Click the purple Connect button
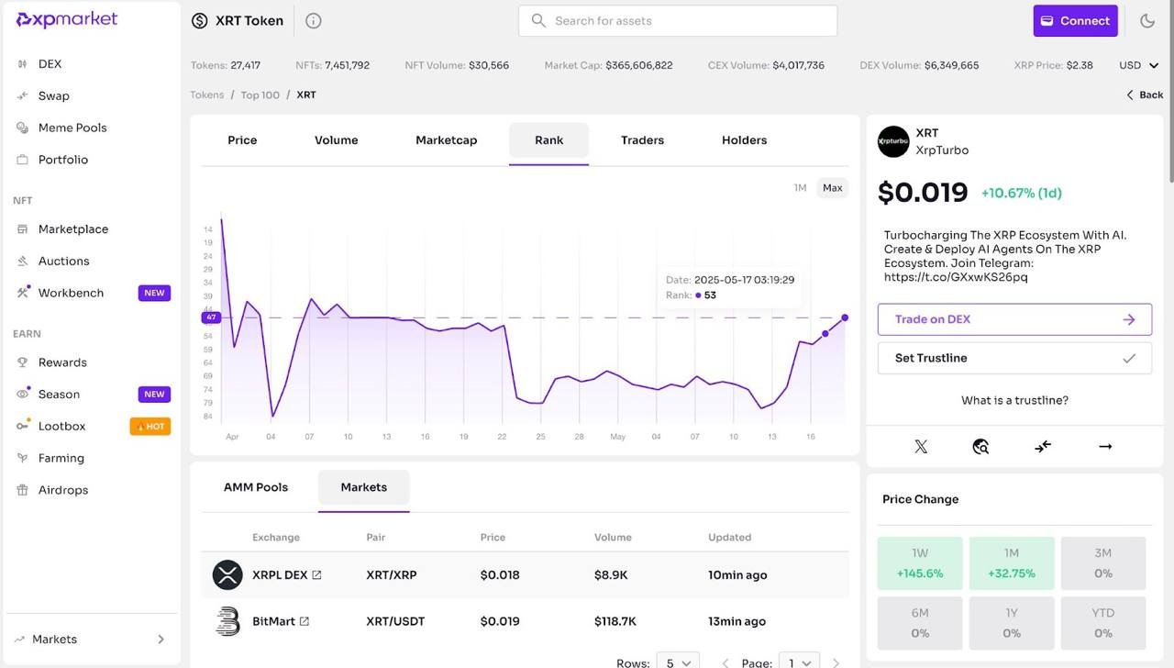coord(1075,21)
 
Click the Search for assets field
coord(677,21)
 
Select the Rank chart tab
coord(548,140)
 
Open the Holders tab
coord(744,140)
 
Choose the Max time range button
coord(832,188)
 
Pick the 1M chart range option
coord(800,188)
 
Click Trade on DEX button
coord(1014,319)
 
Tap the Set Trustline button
coord(1014,358)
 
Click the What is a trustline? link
coord(1014,400)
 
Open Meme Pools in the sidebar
coord(72,128)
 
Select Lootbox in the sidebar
coord(61,426)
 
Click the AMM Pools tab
coord(256,487)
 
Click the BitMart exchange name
coord(273,621)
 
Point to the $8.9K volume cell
coord(611,575)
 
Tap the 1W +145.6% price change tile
coord(920,562)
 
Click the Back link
coord(1145,95)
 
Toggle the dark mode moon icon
coord(1147,21)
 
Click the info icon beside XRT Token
coord(313,21)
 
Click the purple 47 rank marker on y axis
coord(211,317)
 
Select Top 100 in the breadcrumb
coord(260,95)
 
